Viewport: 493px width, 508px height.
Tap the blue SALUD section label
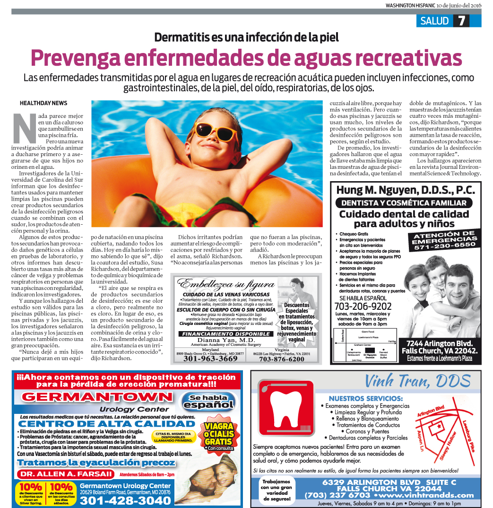[434, 21]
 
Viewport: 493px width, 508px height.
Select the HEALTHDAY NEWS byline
[43, 103]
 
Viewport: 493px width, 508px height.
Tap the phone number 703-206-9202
[363, 306]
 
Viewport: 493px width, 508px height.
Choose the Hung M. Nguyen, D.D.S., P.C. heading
[405, 190]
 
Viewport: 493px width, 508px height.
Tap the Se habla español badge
[208, 401]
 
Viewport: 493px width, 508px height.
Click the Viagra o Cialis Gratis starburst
[218, 431]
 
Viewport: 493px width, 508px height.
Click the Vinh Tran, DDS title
[417, 381]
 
